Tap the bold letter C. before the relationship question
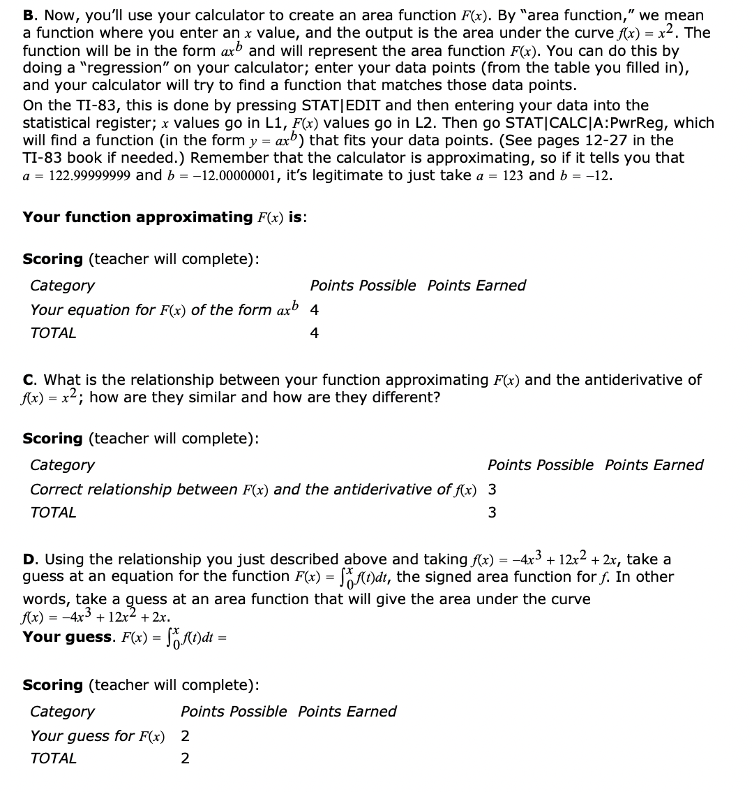coord(30,380)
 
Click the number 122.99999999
coord(89,176)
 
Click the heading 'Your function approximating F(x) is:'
coord(166,217)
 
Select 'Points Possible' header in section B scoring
coord(363,286)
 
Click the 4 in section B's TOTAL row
coord(314,333)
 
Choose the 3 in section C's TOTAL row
coord(492,513)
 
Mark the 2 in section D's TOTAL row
coord(185,758)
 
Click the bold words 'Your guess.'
coord(68,637)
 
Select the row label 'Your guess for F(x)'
coord(98,736)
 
